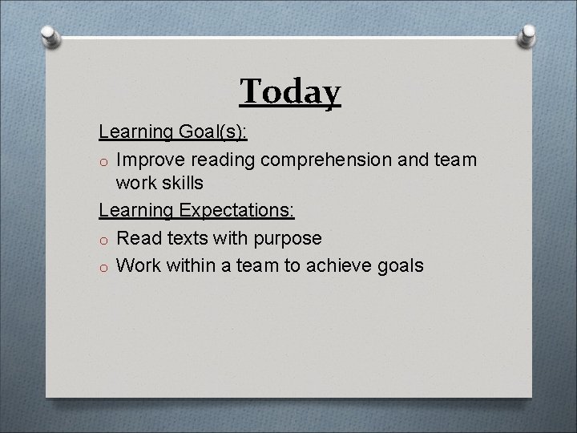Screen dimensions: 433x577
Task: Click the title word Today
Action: [x=290, y=91]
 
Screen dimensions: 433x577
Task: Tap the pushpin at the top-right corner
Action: [x=528, y=36]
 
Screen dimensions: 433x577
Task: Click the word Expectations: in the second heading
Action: [x=238, y=211]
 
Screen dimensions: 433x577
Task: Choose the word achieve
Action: [x=334, y=265]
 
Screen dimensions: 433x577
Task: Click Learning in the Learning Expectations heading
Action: [x=136, y=211]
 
